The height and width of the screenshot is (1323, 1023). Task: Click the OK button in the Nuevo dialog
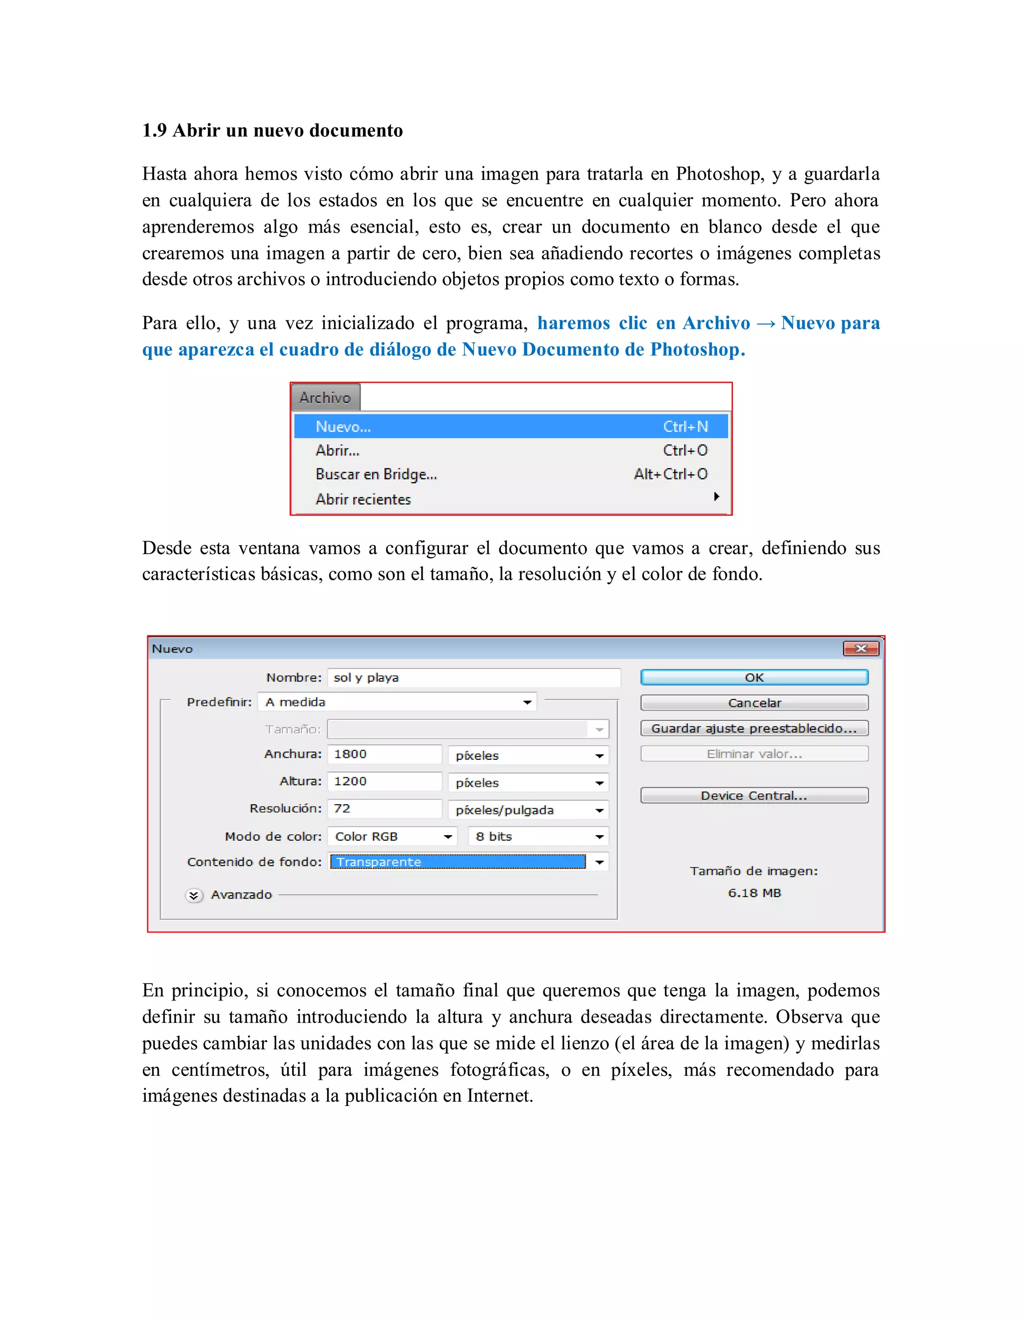pyautogui.click(x=754, y=677)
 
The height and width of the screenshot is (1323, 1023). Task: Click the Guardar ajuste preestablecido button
pyautogui.click(x=754, y=728)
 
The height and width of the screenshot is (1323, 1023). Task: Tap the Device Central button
pyautogui.click(x=754, y=795)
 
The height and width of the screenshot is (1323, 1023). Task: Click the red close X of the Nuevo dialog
pyautogui.click(x=861, y=649)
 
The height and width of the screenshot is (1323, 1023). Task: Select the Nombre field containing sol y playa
pyautogui.click(x=474, y=677)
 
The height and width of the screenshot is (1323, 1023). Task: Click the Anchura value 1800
pyautogui.click(x=384, y=754)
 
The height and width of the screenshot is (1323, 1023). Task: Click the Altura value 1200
pyautogui.click(x=384, y=781)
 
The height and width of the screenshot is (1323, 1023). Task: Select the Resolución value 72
pyautogui.click(x=384, y=809)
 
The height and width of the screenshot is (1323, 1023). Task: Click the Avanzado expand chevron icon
pyautogui.click(x=194, y=895)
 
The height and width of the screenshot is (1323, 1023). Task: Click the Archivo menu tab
pyautogui.click(x=326, y=397)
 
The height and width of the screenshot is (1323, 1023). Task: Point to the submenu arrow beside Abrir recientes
pyautogui.click(x=716, y=497)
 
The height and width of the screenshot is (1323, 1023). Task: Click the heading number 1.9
pyautogui.click(x=154, y=130)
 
